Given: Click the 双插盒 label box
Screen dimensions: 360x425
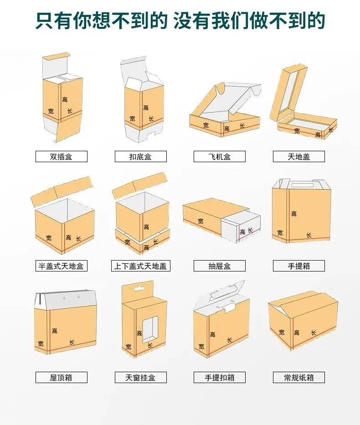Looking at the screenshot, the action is [62, 157].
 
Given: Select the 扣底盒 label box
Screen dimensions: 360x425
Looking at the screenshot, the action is [141, 157].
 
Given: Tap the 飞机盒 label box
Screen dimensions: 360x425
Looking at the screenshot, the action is [220, 157].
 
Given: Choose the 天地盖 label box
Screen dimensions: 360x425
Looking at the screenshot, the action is [299, 157].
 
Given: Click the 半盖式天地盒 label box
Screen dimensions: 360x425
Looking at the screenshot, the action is [62, 266].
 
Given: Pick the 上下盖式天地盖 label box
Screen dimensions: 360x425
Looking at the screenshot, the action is [141, 266].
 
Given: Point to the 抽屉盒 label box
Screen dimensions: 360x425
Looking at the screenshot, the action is [220, 266].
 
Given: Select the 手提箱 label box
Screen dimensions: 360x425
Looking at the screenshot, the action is [299, 266].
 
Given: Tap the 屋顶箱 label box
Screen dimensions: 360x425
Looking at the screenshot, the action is [62, 378].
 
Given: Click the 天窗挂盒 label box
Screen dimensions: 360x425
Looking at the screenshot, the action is [141, 378].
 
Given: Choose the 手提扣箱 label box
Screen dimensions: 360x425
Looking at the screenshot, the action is [220, 378].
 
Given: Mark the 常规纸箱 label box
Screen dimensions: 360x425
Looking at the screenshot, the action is [299, 378].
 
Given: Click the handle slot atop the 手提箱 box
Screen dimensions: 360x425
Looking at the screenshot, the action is [302, 185].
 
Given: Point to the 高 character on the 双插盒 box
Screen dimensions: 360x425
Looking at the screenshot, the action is [65, 99].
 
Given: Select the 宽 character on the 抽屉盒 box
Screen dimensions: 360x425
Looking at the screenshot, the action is [201, 221].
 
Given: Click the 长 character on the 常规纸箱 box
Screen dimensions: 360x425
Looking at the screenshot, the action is [314, 333].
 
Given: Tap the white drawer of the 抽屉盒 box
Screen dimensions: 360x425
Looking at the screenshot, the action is [241, 227].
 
